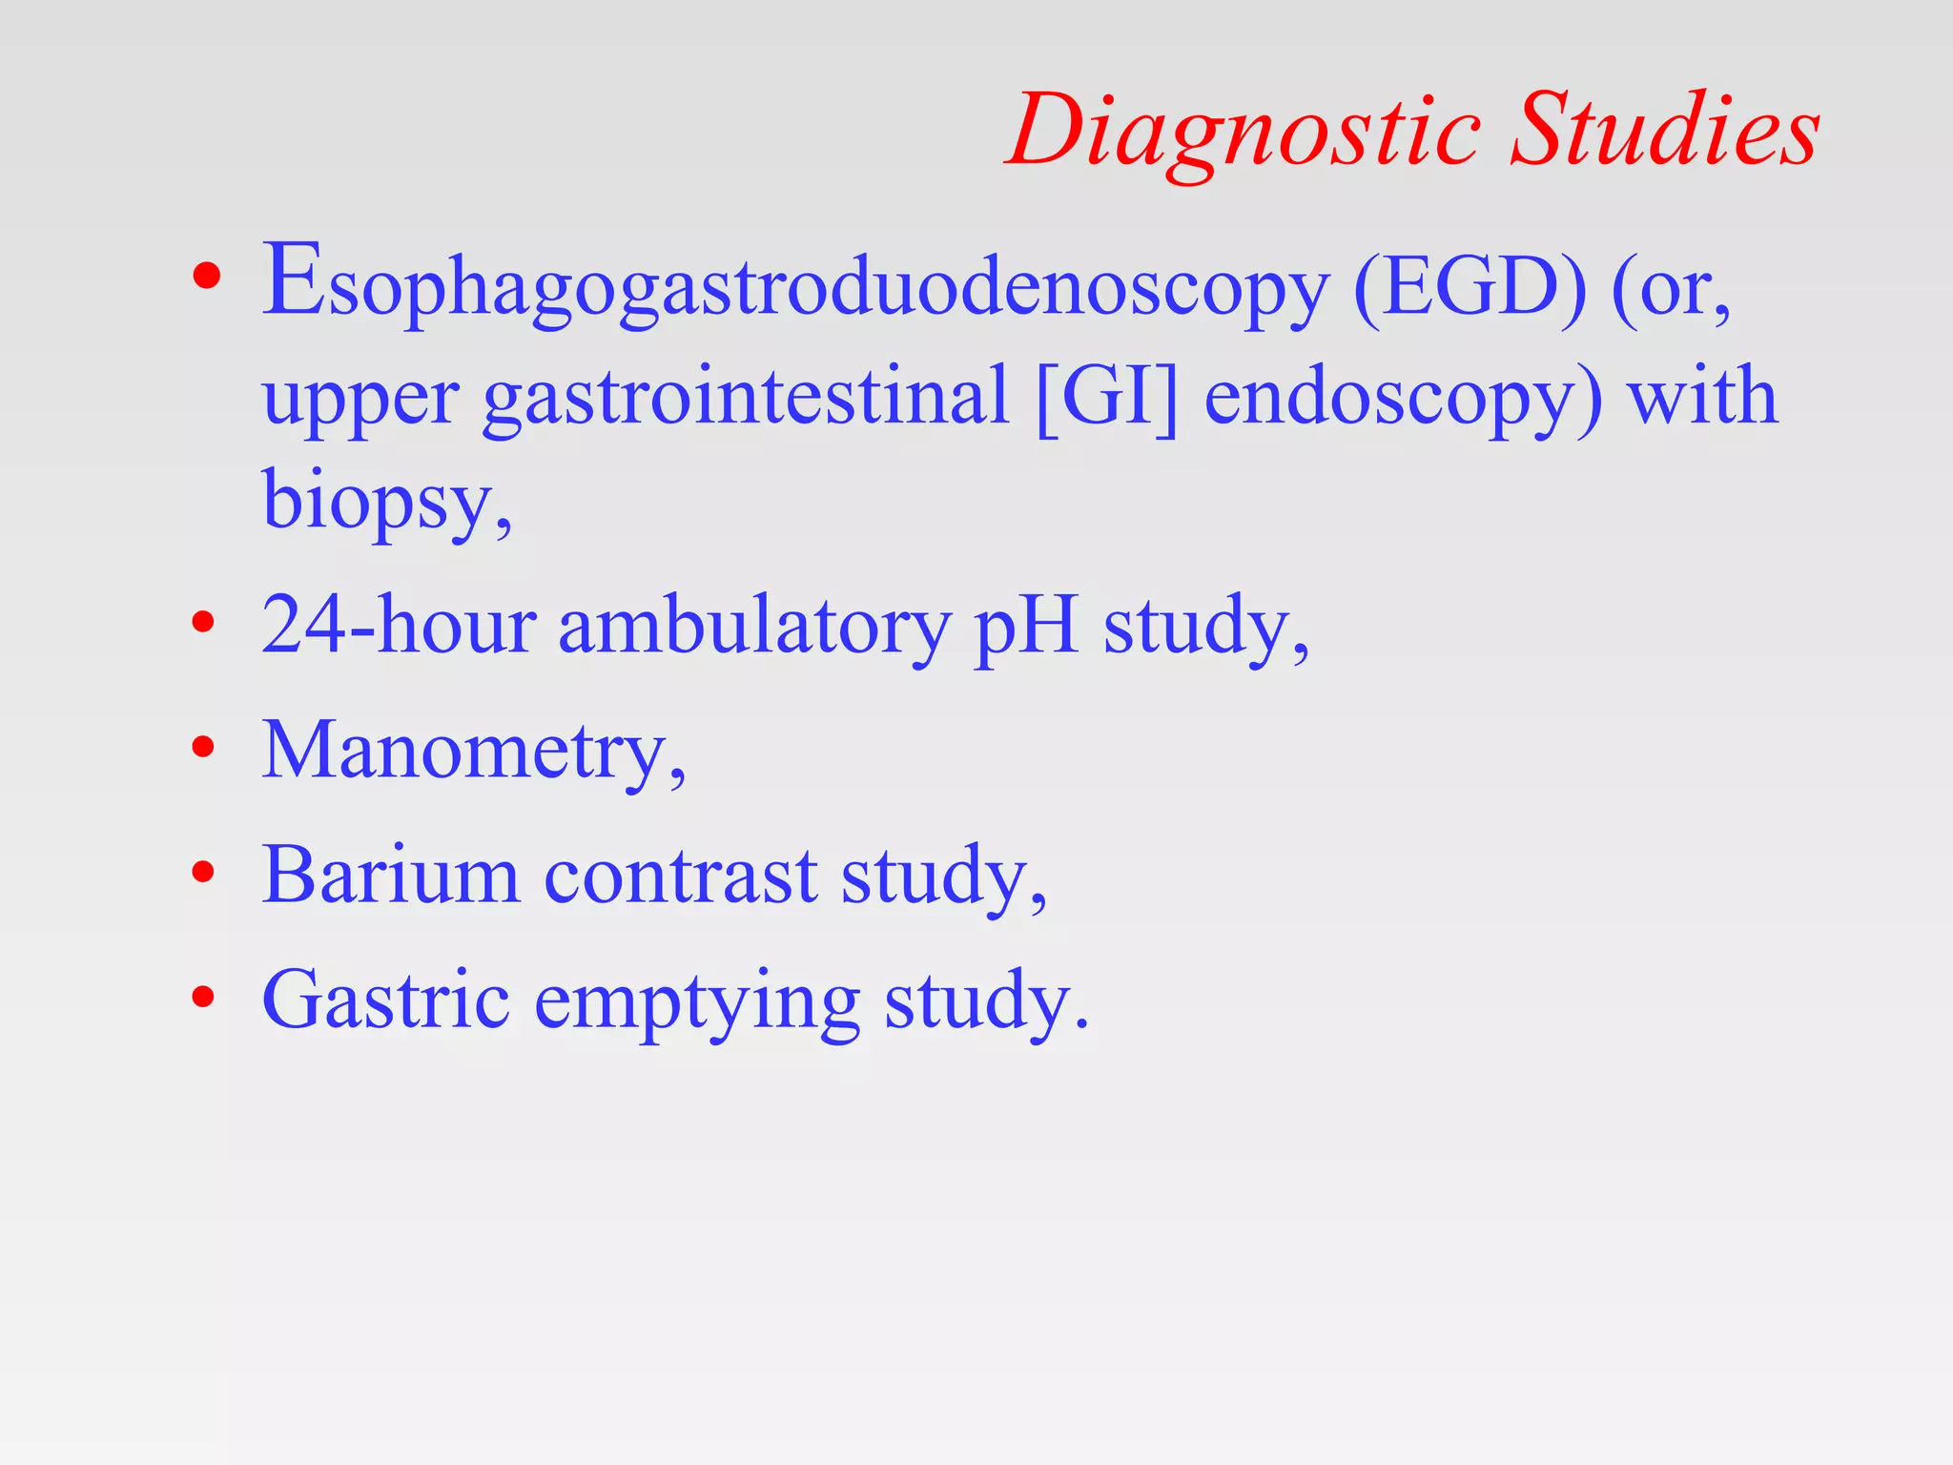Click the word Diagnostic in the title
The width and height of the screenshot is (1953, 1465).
(x=1244, y=131)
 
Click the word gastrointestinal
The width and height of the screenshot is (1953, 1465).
(x=745, y=398)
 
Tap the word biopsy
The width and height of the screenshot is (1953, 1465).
(x=381, y=501)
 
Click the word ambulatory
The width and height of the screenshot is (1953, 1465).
(x=753, y=627)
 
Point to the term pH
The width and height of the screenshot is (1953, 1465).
(x=1026, y=627)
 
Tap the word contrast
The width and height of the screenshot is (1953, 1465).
(x=680, y=876)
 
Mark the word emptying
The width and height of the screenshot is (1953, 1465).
(x=697, y=1001)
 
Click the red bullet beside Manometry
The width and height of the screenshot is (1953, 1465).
(x=203, y=746)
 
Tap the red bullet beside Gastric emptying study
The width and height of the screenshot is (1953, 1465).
(x=203, y=997)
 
